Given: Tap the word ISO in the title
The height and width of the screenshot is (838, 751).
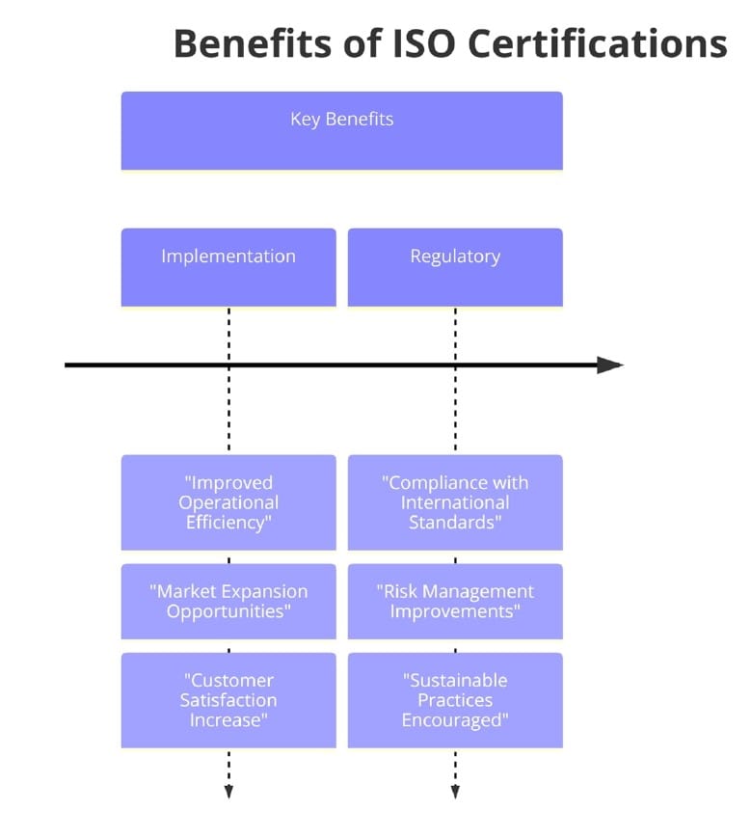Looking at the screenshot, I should coord(417,44).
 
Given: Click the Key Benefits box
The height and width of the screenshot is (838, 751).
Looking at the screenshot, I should coord(341,131).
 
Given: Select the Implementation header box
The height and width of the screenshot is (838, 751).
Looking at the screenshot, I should coord(228,267).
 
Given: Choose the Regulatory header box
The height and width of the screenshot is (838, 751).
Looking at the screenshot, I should coord(455,267).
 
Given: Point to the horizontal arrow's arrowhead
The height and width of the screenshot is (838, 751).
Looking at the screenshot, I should coord(610,365).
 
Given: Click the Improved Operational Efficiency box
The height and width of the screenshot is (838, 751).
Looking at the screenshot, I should coord(228,502).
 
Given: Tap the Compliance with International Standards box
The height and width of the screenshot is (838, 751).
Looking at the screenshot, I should coord(455,502).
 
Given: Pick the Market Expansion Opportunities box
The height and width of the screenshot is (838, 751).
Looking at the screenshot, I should coord(228,602).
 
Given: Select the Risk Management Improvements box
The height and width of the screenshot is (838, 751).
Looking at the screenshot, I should coord(455,602).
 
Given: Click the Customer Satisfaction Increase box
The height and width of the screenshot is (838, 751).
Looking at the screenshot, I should coord(228,700).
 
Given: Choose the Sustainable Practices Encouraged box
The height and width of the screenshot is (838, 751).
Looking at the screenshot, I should coord(455,700).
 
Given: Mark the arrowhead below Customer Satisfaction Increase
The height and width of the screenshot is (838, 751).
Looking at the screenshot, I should coord(228,792).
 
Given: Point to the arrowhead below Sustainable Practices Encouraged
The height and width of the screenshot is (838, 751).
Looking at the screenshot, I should coord(455,792).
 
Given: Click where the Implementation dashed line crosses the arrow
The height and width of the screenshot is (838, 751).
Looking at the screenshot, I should coord(228,365).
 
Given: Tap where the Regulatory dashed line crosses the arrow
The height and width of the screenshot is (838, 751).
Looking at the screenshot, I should coord(455,365).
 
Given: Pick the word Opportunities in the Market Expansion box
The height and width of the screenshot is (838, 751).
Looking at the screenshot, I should coord(228,611).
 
